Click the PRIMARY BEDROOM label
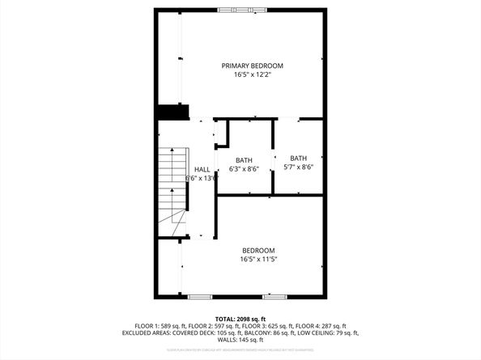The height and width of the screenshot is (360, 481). point(253,65)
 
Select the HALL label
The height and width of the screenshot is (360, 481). point(202,169)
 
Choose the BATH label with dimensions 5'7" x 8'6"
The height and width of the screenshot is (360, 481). point(299,158)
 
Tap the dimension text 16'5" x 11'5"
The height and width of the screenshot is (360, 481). point(258,259)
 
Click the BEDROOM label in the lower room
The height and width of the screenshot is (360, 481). point(258,250)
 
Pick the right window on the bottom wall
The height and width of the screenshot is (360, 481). point(275,297)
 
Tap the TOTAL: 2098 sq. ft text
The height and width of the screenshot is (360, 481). point(240,319)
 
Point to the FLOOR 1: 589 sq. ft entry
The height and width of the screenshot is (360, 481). point(155,326)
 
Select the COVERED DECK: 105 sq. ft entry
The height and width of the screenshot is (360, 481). point(209,332)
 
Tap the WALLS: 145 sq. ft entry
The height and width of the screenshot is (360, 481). point(240,340)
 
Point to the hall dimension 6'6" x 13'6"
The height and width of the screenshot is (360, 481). point(202,178)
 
